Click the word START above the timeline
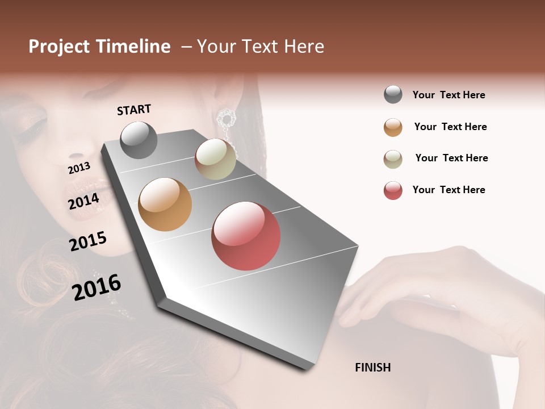point(134,110)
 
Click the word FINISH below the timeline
point(373,368)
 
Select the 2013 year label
point(79,168)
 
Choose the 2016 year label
point(97,287)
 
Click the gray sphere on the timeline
point(139,140)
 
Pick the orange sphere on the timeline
point(165,204)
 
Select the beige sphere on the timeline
point(215,160)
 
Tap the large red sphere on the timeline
point(246,236)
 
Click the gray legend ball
point(393,94)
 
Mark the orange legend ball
point(393,127)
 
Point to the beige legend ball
point(393,159)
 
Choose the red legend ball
point(393,190)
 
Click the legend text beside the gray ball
point(448,95)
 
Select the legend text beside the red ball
point(448,190)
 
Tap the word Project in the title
point(58,47)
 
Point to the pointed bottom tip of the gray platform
point(307,369)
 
